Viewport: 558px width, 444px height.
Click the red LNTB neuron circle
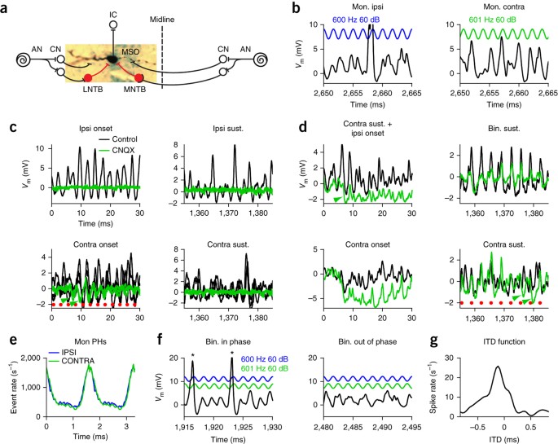88,77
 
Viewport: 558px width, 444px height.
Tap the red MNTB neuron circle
138,77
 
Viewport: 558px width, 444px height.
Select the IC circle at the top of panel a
113,25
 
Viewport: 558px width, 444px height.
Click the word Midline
162,20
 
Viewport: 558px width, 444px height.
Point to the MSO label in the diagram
131,52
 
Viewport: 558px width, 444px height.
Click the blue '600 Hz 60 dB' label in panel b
356,20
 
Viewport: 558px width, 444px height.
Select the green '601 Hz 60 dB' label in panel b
493,20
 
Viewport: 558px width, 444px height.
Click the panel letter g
434,341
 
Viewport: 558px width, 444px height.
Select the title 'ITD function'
504,341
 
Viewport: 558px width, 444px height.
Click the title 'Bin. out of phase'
367,341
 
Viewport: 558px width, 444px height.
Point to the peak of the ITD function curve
498,367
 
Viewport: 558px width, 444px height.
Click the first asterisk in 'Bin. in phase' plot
192,355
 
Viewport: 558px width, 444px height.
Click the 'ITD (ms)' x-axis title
504,439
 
